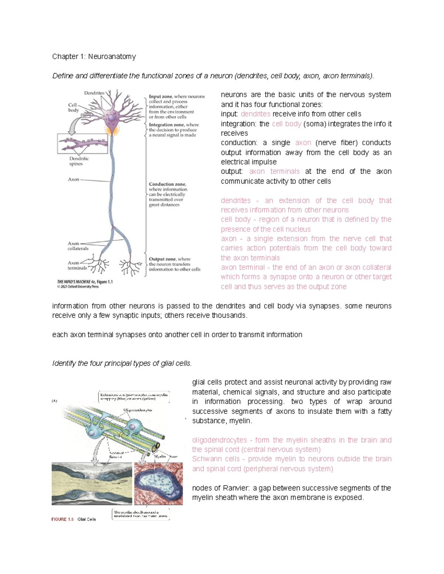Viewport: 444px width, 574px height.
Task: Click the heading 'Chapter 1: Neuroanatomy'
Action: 94,57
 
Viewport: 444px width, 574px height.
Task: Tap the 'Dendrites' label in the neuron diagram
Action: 94,93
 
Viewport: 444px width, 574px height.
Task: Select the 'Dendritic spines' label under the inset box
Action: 79,161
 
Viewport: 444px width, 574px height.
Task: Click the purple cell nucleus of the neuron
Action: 111,118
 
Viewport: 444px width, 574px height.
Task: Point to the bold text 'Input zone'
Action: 161,96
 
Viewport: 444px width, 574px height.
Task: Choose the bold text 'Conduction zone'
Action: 167,184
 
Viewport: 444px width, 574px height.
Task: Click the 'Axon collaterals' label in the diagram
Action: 78,246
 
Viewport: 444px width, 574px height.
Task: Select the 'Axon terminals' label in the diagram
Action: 77,265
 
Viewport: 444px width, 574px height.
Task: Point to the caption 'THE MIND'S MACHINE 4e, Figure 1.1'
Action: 85,282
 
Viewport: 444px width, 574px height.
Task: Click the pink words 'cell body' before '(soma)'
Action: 286,124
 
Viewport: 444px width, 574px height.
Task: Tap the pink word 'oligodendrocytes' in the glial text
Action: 219,440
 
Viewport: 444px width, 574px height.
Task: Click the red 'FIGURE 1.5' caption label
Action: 62,519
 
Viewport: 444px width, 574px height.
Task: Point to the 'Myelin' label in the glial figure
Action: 160,456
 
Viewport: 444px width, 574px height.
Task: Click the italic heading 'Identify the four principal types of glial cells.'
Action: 122,363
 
